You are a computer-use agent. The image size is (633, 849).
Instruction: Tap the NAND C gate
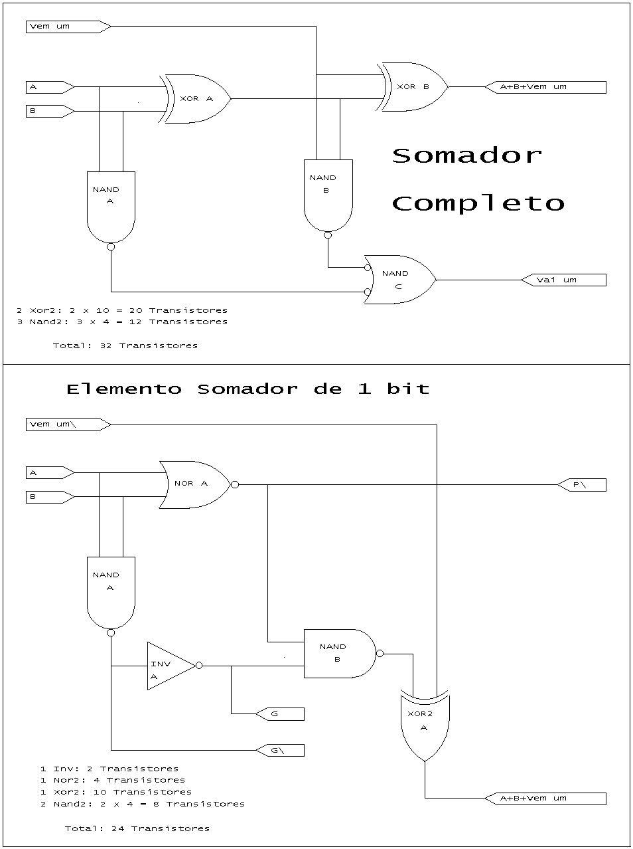pyautogui.click(x=399, y=280)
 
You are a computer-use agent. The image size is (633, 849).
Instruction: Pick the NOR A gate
pyautogui.click(x=195, y=485)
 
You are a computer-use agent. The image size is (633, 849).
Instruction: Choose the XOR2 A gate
pyautogui.click(x=425, y=725)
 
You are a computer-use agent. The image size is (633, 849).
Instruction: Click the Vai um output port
pyautogui.click(x=563, y=280)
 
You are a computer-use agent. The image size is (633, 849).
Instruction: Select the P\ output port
pyautogui.click(x=582, y=485)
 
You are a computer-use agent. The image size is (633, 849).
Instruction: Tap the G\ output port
pyautogui.click(x=280, y=751)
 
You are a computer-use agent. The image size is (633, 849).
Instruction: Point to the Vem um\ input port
pyautogui.click(x=68, y=424)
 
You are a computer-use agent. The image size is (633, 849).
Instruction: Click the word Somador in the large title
pyautogui.click(x=467, y=156)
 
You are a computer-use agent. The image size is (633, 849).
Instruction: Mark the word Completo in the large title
pyautogui.click(x=478, y=204)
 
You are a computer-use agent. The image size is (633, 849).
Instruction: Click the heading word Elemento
pyautogui.click(x=124, y=389)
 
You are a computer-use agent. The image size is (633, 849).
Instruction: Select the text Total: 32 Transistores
pyautogui.click(x=125, y=346)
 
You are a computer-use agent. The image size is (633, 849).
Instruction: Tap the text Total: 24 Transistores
pyautogui.click(x=137, y=828)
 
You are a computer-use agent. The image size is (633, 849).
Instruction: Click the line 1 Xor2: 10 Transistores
pyautogui.click(x=116, y=792)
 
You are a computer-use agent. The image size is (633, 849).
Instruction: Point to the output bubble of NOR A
pyautogui.click(x=235, y=485)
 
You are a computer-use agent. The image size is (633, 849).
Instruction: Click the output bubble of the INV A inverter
pyautogui.click(x=199, y=666)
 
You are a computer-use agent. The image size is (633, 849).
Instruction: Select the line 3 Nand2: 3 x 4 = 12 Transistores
pyautogui.click(x=122, y=322)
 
